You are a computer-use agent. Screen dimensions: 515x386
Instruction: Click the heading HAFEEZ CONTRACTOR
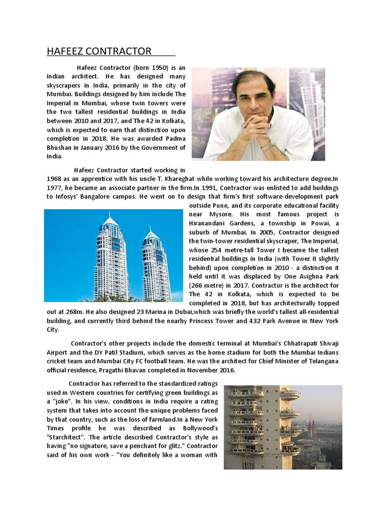[99, 51]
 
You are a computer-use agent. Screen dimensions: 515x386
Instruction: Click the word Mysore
[213, 215]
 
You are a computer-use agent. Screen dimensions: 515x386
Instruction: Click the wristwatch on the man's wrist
[266, 146]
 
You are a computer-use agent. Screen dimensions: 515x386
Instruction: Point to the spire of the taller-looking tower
[111, 216]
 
